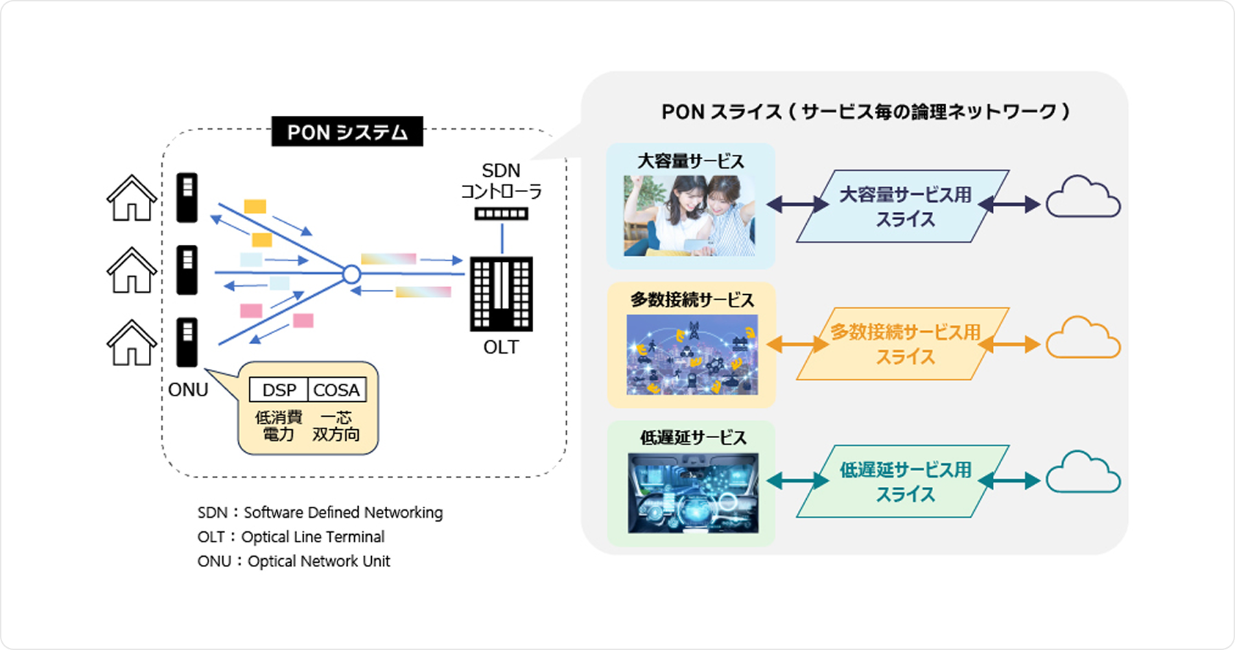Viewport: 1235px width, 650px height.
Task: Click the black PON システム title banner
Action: pos(347,132)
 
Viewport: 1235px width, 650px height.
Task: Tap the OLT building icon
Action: pos(501,294)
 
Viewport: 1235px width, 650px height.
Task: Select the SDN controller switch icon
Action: pos(502,214)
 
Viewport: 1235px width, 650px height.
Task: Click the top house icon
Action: pos(131,198)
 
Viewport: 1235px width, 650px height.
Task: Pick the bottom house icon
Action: pos(131,343)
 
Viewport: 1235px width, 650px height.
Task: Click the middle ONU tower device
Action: pos(187,270)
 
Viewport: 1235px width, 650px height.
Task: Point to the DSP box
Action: pos(279,390)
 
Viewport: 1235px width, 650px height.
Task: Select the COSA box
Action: pos(336,390)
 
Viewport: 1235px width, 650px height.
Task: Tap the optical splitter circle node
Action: pos(351,275)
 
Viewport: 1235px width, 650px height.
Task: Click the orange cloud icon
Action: pos(1083,339)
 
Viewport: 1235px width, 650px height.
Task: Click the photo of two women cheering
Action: pos(689,216)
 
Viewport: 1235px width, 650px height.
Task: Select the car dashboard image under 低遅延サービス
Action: pos(693,493)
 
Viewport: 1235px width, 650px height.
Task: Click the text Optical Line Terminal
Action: pos(313,537)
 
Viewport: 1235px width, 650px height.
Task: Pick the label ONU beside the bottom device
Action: pos(188,390)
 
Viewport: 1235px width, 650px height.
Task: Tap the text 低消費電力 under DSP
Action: pos(279,426)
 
